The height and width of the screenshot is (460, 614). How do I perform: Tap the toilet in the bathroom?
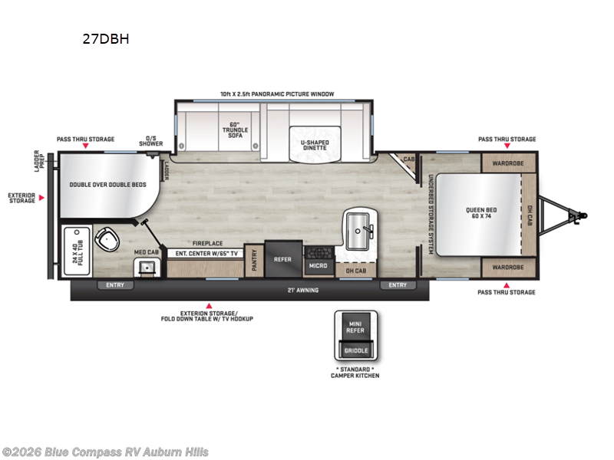(x=108, y=240)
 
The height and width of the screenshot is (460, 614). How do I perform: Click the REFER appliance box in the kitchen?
(x=282, y=259)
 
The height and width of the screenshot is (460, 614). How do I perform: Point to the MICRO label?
(x=319, y=266)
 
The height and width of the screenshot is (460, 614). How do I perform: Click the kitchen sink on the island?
(x=359, y=227)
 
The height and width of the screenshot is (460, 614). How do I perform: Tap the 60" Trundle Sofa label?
(x=235, y=130)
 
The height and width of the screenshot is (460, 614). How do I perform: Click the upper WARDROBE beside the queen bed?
(x=502, y=163)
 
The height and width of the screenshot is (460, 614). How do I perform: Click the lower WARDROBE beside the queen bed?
(x=502, y=268)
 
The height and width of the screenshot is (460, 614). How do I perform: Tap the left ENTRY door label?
(x=114, y=285)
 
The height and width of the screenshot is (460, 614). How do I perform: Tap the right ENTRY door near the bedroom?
(x=398, y=285)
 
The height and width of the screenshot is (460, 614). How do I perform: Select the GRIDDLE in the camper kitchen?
(x=355, y=350)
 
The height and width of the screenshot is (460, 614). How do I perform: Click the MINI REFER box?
(x=355, y=327)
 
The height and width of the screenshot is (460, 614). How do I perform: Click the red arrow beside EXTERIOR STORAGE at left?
(x=43, y=198)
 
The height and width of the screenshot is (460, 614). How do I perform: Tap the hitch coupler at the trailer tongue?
(x=581, y=217)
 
